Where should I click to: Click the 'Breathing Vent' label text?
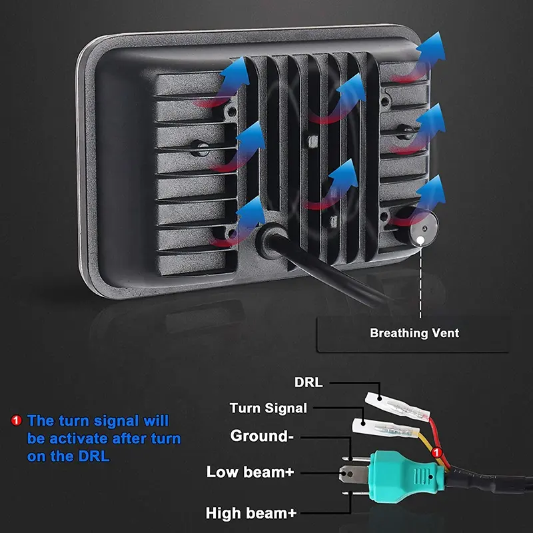click(x=414, y=332)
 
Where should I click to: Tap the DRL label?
click(x=308, y=382)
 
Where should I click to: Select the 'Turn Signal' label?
click(x=268, y=408)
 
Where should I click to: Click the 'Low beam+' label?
click(x=250, y=472)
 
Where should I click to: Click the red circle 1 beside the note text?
click(x=17, y=420)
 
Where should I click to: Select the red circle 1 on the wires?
click(x=437, y=454)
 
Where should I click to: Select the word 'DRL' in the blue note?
click(x=94, y=457)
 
